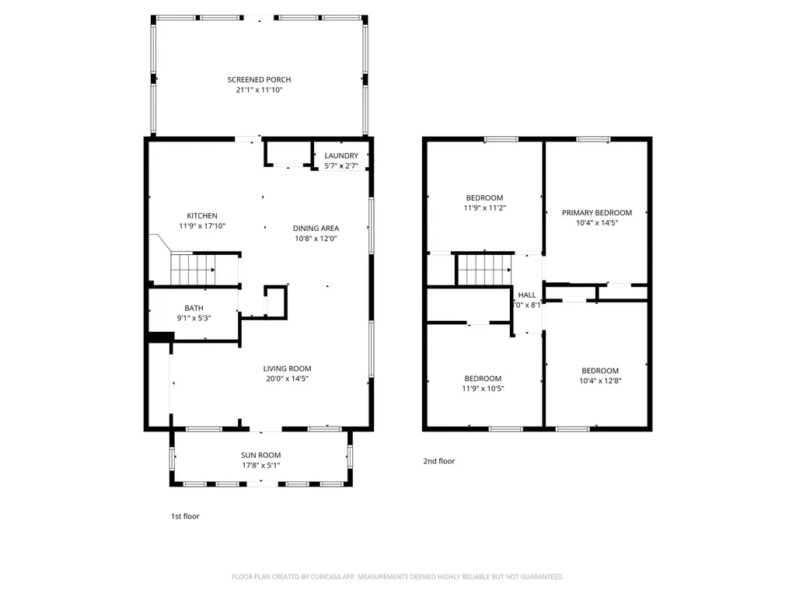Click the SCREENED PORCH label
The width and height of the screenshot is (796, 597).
[x=259, y=79]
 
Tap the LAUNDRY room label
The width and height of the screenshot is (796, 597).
[x=341, y=155]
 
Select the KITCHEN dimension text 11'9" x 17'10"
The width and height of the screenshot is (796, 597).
[x=202, y=226]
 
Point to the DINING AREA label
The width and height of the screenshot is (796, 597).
[x=316, y=228]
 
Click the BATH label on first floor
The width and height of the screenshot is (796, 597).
[x=194, y=308]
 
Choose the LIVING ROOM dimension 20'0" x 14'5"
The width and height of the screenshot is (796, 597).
[x=287, y=379]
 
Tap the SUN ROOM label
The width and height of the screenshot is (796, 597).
[x=260, y=455]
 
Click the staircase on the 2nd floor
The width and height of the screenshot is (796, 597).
[x=483, y=271]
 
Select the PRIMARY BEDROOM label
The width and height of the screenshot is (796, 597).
[x=597, y=212]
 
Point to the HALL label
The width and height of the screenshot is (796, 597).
[x=527, y=295]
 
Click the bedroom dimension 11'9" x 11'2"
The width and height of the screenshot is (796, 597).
[x=484, y=208]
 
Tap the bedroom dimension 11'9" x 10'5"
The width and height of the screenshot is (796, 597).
[x=484, y=389]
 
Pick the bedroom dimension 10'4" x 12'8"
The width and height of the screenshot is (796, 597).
[x=600, y=381]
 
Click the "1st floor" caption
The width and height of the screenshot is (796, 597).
[x=185, y=515]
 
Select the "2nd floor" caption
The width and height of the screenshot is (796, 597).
[x=439, y=461]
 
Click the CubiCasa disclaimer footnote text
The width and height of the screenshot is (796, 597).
[x=398, y=577]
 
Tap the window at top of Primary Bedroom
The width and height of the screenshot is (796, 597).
[x=593, y=139]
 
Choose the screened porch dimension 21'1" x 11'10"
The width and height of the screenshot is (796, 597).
[x=259, y=90]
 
